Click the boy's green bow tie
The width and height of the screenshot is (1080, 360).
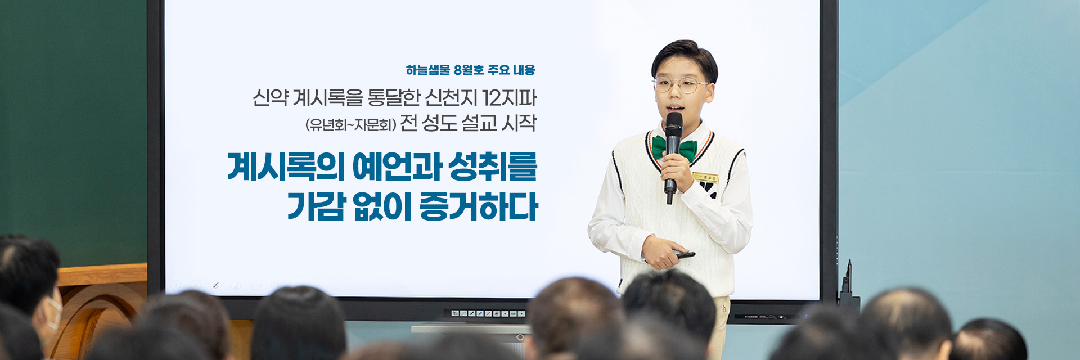[x=675, y=148]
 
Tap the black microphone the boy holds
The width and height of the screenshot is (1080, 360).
[x=672, y=155]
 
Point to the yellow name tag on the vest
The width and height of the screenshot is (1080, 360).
[x=705, y=178]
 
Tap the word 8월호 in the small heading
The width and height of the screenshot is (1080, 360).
[x=469, y=70]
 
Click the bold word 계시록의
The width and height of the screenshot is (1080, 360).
[x=286, y=166]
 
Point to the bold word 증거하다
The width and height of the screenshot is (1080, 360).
[x=479, y=206]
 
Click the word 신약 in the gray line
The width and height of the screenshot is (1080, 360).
[x=270, y=98]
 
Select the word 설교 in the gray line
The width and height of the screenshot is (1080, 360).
[x=479, y=123]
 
